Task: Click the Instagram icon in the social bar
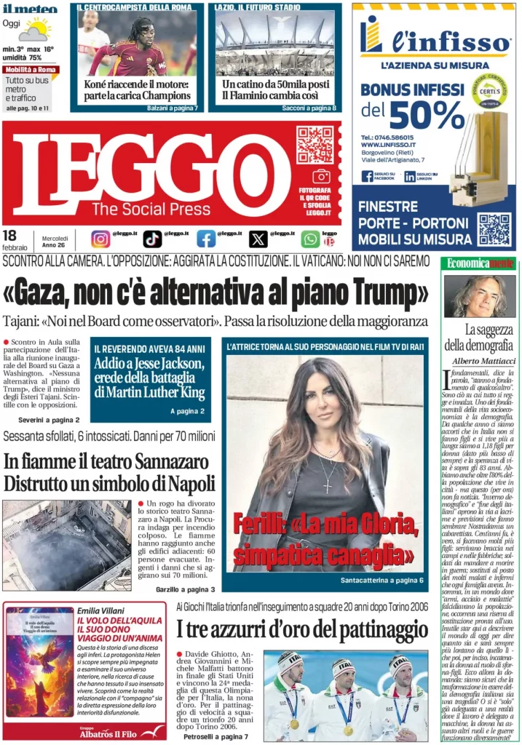tap(101, 239)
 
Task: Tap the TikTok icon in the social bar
tap(152, 239)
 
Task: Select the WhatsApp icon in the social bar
tap(310, 239)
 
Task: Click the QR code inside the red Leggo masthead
tap(315, 145)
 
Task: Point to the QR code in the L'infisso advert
tap(494, 229)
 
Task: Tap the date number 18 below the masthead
tap(9, 235)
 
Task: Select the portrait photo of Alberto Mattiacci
tap(479, 296)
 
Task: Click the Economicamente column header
tap(480, 263)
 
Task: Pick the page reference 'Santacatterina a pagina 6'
tap(381, 581)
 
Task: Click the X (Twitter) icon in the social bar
tap(258, 239)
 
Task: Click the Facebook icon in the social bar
tap(206, 239)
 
